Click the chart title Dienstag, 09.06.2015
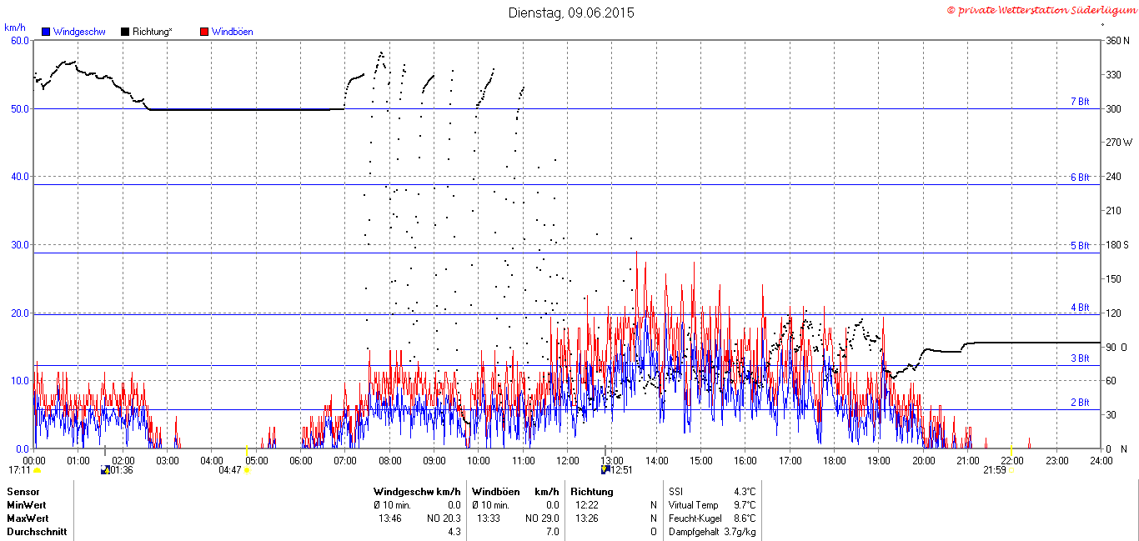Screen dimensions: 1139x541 click(571, 13)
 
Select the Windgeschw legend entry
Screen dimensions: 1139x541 click(73, 32)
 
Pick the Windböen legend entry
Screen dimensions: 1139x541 click(227, 32)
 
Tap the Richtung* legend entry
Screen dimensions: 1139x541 click(147, 32)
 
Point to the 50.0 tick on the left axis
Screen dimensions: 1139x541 click(20, 109)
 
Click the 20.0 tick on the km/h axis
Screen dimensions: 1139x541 click(20, 313)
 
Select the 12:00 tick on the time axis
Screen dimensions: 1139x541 click(568, 461)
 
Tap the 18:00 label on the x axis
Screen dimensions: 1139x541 click(835, 461)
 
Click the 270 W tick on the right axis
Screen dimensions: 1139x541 click(1119, 143)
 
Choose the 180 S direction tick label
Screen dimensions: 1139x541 click(1117, 244)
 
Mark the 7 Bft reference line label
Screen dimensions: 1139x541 click(1080, 102)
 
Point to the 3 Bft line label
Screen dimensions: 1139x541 click(1080, 358)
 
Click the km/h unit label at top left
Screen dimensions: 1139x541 click(15, 28)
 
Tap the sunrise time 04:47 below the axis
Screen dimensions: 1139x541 click(230, 470)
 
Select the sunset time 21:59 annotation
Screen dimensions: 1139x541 click(995, 470)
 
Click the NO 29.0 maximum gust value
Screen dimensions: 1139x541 click(542, 518)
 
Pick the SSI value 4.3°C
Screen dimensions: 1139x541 click(745, 492)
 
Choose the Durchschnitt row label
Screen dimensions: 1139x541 click(37, 532)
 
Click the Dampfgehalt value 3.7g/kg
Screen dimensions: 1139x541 click(740, 532)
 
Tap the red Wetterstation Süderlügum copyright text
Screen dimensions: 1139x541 click(1041, 11)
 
